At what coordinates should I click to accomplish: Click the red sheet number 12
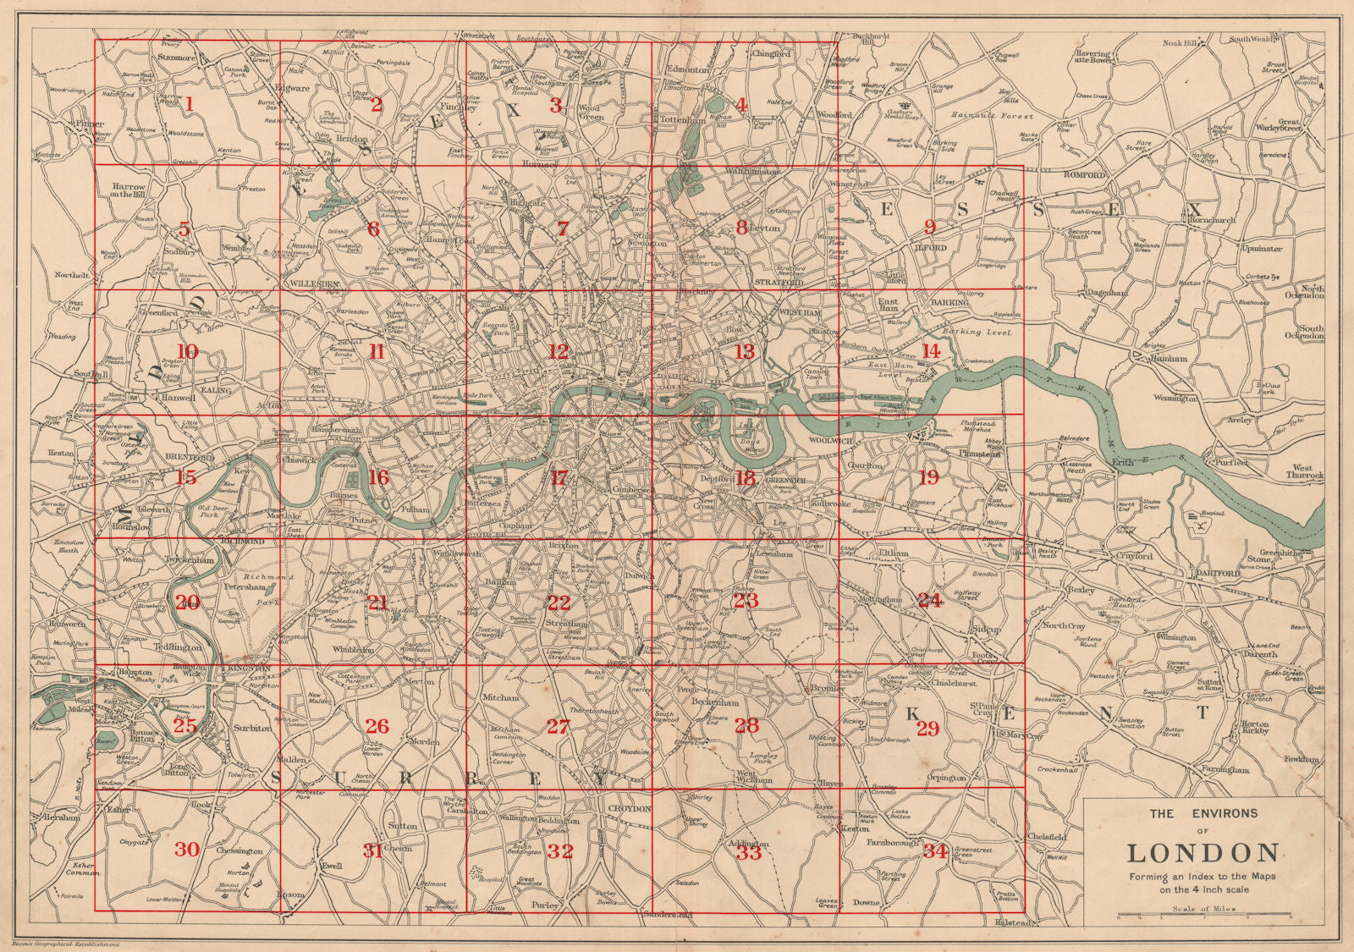click(x=558, y=351)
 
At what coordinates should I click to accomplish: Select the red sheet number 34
click(x=934, y=851)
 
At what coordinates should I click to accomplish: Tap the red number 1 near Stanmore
click(x=189, y=104)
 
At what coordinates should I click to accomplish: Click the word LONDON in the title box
click(x=1203, y=852)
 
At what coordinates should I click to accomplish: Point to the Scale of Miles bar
click(x=1203, y=915)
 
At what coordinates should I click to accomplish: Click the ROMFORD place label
click(x=1085, y=174)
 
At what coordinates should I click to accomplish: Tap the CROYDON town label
click(x=629, y=809)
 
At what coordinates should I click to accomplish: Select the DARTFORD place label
click(x=1217, y=573)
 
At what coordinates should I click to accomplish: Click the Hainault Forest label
click(x=1003, y=115)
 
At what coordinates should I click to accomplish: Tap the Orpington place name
click(x=946, y=777)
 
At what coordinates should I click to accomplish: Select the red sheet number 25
click(x=184, y=726)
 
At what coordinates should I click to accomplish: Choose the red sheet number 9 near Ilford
click(x=929, y=227)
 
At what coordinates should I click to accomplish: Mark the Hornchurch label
click(x=1212, y=220)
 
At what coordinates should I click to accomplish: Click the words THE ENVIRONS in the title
click(x=1203, y=813)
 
